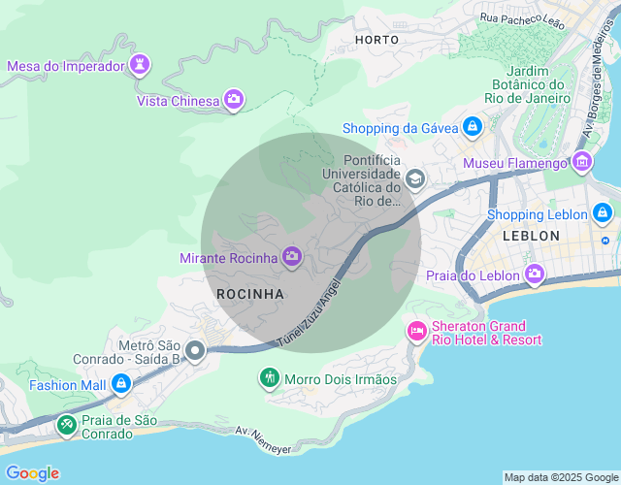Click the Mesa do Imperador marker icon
(x=142, y=65)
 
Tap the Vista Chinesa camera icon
(x=233, y=99)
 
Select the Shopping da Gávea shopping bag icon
(x=472, y=127)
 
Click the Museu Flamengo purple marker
(x=581, y=161)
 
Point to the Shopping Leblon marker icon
(x=603, y=213)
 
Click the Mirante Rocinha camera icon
(x=291, y=257)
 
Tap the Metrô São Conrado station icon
(x=196, y=351)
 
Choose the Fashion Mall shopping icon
(x=120, y=384)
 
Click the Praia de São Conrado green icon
(x=66, y=425)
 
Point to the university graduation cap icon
(x=415, y=178)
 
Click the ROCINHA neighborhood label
(x=250, y=293)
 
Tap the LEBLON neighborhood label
(x=531, y=236)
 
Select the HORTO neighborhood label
(x=376, y=40)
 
